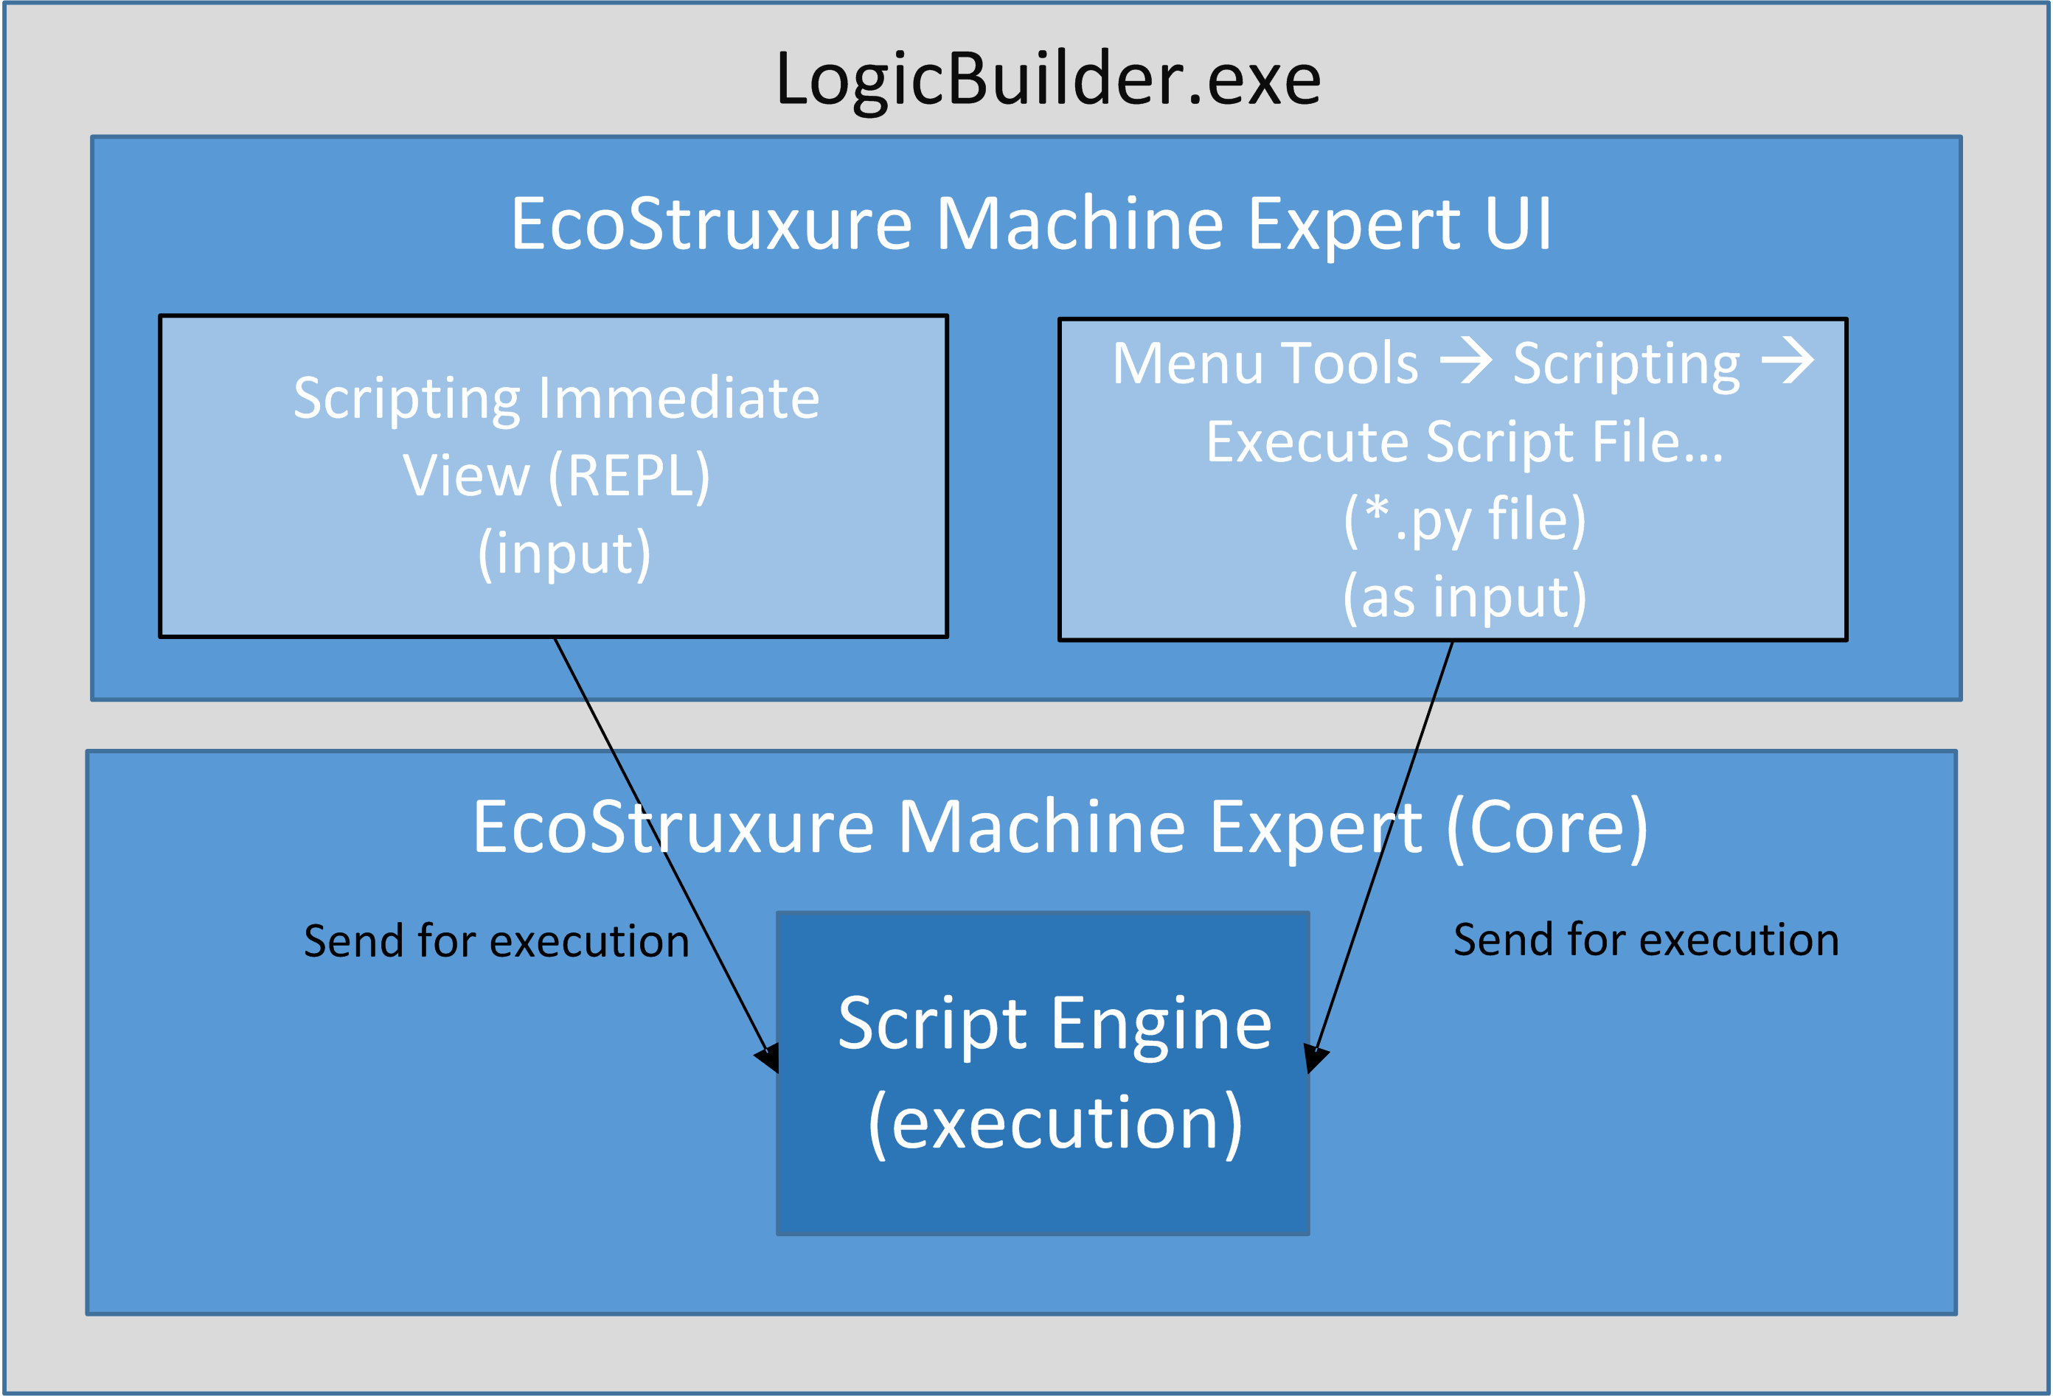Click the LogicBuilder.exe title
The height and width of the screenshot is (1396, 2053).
pyautogui.click(x=1048, y=80)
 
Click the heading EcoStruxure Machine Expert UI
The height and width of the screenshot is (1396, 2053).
pyautogui.click(x=1030, y=224)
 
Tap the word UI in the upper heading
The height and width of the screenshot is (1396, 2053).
pyautogui.click(x=1517, y=224)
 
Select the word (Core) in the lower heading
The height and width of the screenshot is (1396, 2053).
pyautogui.click(x=1546, y=828)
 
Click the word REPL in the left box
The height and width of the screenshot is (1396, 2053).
pyautogui.click(x=629, y=476)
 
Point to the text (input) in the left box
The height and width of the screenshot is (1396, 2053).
pyautogui.click(x=563, y=554)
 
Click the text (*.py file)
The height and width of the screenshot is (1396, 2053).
pyautogui.click(x=1464, y=519)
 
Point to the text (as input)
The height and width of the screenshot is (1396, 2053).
pyautogui.click(x=1464, y=597)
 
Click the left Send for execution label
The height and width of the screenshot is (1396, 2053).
pyautogui.click(x=496, y=941)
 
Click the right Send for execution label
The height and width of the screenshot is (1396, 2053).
pyautogui.click(x=1646, y=940)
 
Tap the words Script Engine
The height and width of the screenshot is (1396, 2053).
pyautogui.click(x=1054, y=1025)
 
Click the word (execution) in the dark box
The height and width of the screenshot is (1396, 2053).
pyautogui.click(x=1055, y=1123)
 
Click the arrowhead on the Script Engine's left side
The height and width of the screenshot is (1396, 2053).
pyautogui.click(x=768, y=1056)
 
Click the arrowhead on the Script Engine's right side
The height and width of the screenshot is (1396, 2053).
pyautogui.click(x=1316, y=1056)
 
